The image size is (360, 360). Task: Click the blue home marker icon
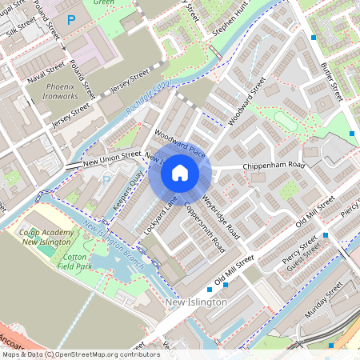tap(180, 172)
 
